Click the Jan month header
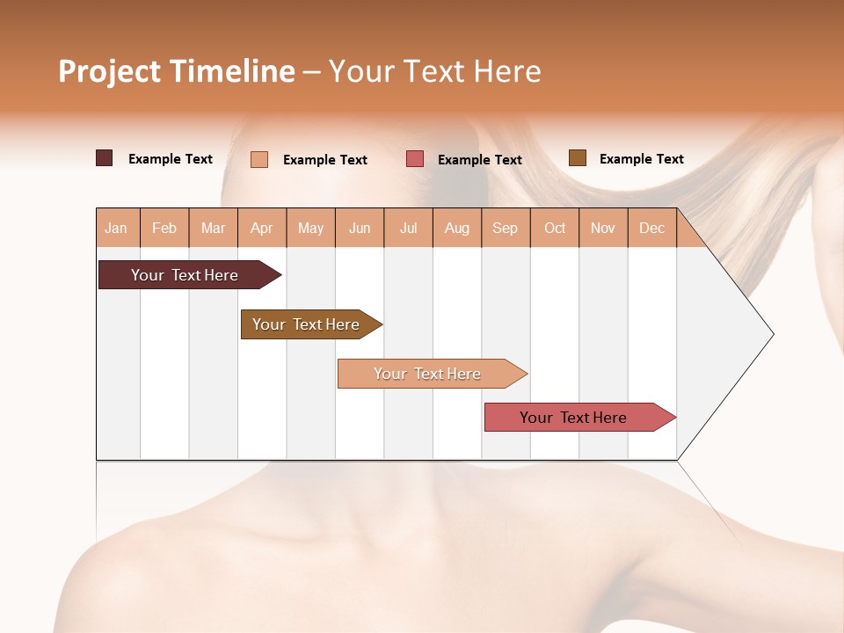click(116, 228)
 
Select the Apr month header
click(261, 228)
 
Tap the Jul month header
click(408, 228)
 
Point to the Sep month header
click(505, 228)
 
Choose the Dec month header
click(651, 228)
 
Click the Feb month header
click(164, 228)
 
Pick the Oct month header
click(555, 228)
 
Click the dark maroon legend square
click(105, 158)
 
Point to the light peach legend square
click(259, 159)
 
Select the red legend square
click(415, 159)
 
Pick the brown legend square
click(578, 158)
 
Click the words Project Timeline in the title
click(176, 71)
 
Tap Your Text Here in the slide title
click(434, 71)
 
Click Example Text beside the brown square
click(641, 159)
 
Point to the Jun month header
click(360, 228)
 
